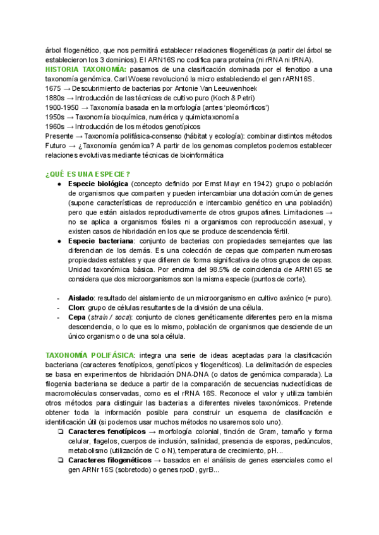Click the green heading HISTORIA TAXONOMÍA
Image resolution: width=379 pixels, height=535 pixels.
coord(85,69)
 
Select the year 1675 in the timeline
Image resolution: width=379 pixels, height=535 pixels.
coord(53,89)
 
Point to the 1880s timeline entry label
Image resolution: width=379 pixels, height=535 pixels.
coord(55,98)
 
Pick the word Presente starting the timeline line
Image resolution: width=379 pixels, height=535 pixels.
coord(59,138)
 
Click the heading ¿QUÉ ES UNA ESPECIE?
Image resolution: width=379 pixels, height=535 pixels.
coord(88,174)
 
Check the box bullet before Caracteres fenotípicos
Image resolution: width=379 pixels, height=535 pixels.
coord(59,432)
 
